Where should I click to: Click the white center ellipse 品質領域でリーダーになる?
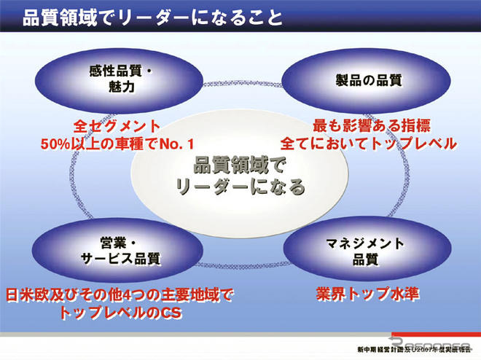(240, 176)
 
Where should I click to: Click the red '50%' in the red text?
(56, 143)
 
